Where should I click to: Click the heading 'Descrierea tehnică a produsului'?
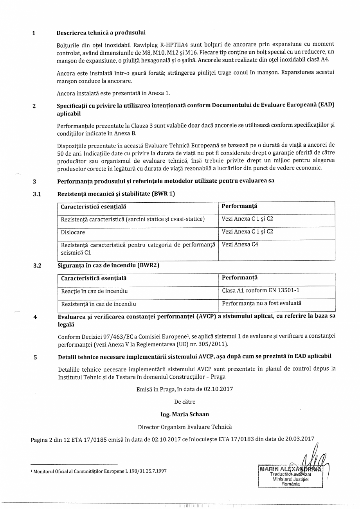pyautogui.click(x=101, y=33)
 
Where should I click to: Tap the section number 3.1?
pyautogui.click(x=37, y=194)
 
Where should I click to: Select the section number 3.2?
pyautogui.click(x=37, y=266)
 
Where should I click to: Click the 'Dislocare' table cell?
pyautogui.click(x=73, y=232)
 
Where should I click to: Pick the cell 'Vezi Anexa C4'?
pyautogui.click(x=240, y=245)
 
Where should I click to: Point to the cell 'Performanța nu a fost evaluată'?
pyautogui.click(x=262, y=303)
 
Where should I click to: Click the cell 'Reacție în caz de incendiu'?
pyautogui.click(x=94, y=291)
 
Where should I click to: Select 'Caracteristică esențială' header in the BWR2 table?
pyautogui.click(x=94, y=279)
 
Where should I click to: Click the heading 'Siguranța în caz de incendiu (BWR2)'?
pyautogui.click(x=108, y=266)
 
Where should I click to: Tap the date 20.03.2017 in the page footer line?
pyautogui.click(x=300, y=439)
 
